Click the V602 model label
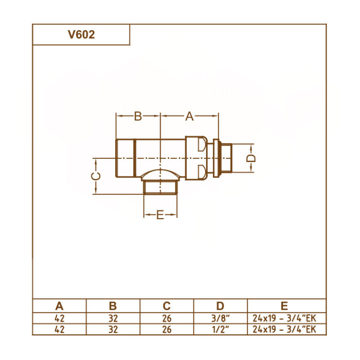(x=81, y=35)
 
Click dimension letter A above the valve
(x=189, y=117)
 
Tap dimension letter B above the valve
(x=138, y=117)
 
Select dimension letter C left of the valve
(x=95, y=176)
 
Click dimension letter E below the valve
(x=160, y=216)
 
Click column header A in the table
(x=59, y=306)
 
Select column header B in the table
(x=113, y=306)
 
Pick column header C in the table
(x=166, y=306)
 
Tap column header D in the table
(x=220, y=306)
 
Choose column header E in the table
(x=284, y=306)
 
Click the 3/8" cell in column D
(x=220, y=318)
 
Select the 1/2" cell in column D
(x=220, y=329)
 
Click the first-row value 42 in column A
(x=59, y=318)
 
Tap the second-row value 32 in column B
(x=113, y=329)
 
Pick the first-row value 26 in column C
(x=166, y=318)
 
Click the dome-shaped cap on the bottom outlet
(x=160, y=175)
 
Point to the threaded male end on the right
(x=225, y=158)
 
